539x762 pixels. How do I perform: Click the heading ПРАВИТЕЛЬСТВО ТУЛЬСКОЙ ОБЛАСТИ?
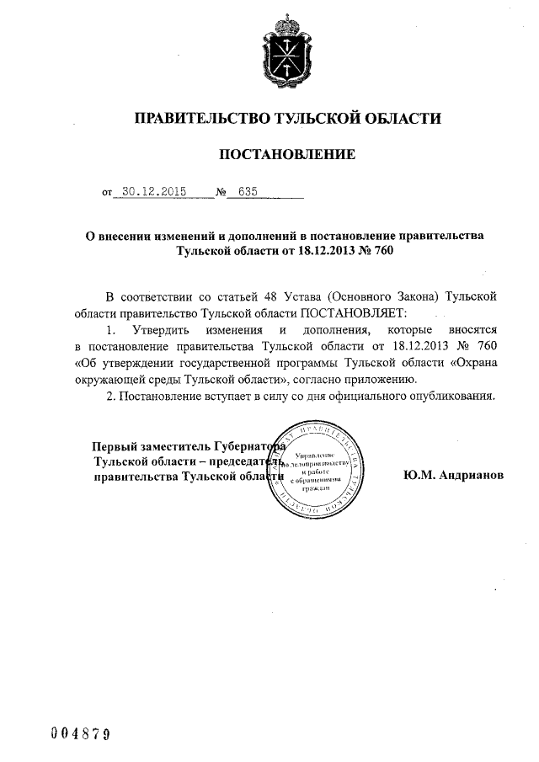[288, 119]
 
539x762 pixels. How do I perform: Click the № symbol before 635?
[222, 193]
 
